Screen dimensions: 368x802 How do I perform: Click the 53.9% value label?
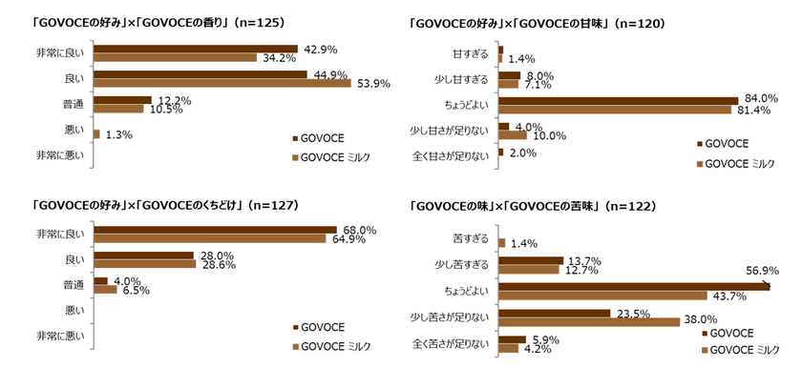[347, 84]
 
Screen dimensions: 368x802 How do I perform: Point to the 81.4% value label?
[754, 111]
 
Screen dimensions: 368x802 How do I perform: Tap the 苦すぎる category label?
[470, 238]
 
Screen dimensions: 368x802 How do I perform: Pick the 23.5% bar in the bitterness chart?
[554, 312]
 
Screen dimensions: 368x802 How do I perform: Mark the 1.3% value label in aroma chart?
[117, 135]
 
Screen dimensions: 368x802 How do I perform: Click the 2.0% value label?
[523, 153]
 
